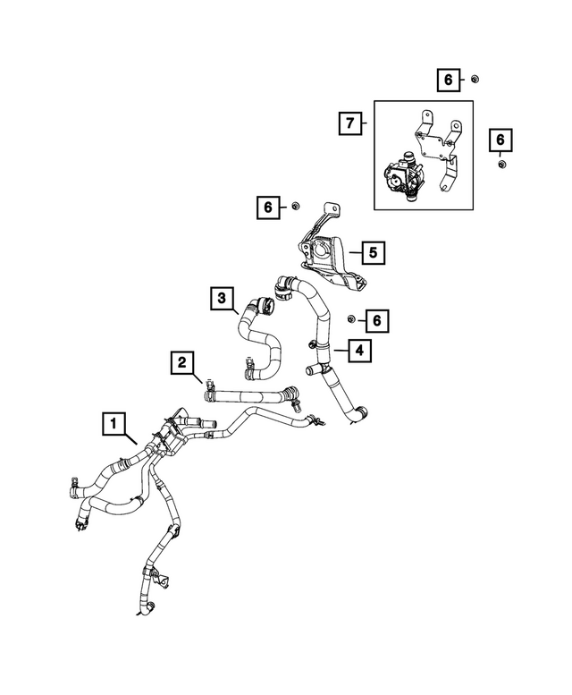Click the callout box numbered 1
[114, 422]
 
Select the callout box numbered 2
[182, 362]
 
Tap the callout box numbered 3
[224, 297]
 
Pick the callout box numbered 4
[358, 351]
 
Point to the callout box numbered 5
[373, 253]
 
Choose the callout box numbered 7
[351, 121]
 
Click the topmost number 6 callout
[448, 80]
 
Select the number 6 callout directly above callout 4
[376, 319]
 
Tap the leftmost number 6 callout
[267, 208]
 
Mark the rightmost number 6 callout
[501, 140]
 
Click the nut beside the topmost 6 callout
[475, 80]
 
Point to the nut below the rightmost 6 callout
[501, 165]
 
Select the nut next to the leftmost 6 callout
[294, 208]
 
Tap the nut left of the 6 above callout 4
[351, 319]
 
